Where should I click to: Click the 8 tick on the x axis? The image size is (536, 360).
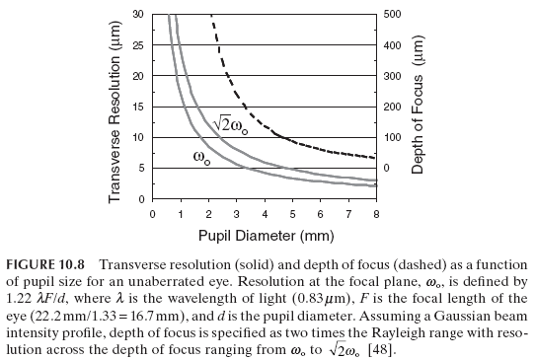(x=376, y=212)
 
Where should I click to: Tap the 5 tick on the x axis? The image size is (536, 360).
(x=292, y=212)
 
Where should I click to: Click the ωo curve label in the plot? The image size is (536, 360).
(x=200, y=157)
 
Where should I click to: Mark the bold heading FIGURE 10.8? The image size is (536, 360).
(x=46, y=263)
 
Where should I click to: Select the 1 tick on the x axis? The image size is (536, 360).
(x=181, y=212)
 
